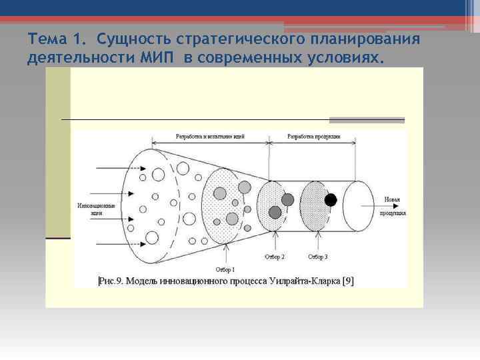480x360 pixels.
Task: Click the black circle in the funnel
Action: click(x=331, y=199)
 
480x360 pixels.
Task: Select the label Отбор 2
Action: click(x=274, y=256)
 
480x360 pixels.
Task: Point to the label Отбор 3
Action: click(x=318, y=256)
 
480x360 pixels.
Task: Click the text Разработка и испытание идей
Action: click(x=210, y=137)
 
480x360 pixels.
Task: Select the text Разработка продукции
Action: click(x=313, y=137)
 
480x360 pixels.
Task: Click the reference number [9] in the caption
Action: click(x=348, y=281)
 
